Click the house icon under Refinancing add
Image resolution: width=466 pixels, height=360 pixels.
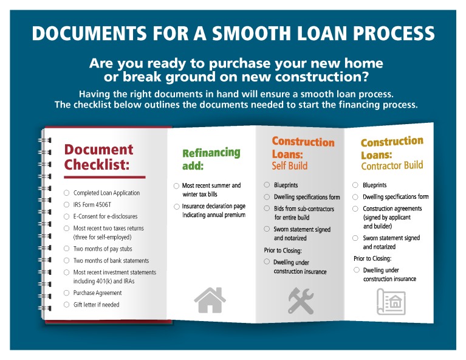210,299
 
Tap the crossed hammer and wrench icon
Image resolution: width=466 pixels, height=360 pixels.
301,301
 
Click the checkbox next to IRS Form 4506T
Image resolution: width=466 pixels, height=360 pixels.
67,205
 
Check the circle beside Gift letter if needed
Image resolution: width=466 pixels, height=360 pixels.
67,305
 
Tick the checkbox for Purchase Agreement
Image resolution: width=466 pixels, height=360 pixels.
67,293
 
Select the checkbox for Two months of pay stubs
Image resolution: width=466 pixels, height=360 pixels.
67,249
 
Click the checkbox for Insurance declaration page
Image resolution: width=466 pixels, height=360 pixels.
176,207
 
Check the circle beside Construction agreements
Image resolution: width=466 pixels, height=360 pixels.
356,209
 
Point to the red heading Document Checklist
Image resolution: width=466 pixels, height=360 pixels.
98,157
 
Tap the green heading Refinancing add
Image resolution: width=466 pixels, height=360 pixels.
211,159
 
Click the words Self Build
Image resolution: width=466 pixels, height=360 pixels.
290,165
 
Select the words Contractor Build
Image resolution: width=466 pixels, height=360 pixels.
392,165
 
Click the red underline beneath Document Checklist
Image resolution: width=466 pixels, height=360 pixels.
105,177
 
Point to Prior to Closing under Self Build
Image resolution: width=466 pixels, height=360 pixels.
283,251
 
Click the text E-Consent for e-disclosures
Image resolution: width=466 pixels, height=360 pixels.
105,216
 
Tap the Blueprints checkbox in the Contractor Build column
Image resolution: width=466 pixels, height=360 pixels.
356,185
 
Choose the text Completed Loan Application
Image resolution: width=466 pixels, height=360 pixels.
106,193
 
